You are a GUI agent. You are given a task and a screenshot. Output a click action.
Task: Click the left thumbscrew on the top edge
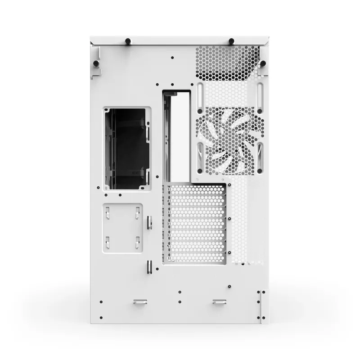point(128,41)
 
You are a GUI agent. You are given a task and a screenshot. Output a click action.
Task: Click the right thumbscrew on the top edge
point(231,41)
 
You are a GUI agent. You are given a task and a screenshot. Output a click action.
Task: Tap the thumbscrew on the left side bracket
point(96,63)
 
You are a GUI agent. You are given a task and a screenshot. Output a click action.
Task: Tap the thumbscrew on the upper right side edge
point(263,63)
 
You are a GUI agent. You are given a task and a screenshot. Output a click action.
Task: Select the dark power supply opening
point(126,149)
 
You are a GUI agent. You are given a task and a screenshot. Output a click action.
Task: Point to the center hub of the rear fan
point(229,141)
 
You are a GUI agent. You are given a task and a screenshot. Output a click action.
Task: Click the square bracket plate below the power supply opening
point(122,227)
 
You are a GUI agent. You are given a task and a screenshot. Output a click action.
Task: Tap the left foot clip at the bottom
point(139,302)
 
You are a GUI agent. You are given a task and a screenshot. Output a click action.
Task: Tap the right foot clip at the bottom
point(220,302)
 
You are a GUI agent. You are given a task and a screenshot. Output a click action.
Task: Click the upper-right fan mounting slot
point(260,94)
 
